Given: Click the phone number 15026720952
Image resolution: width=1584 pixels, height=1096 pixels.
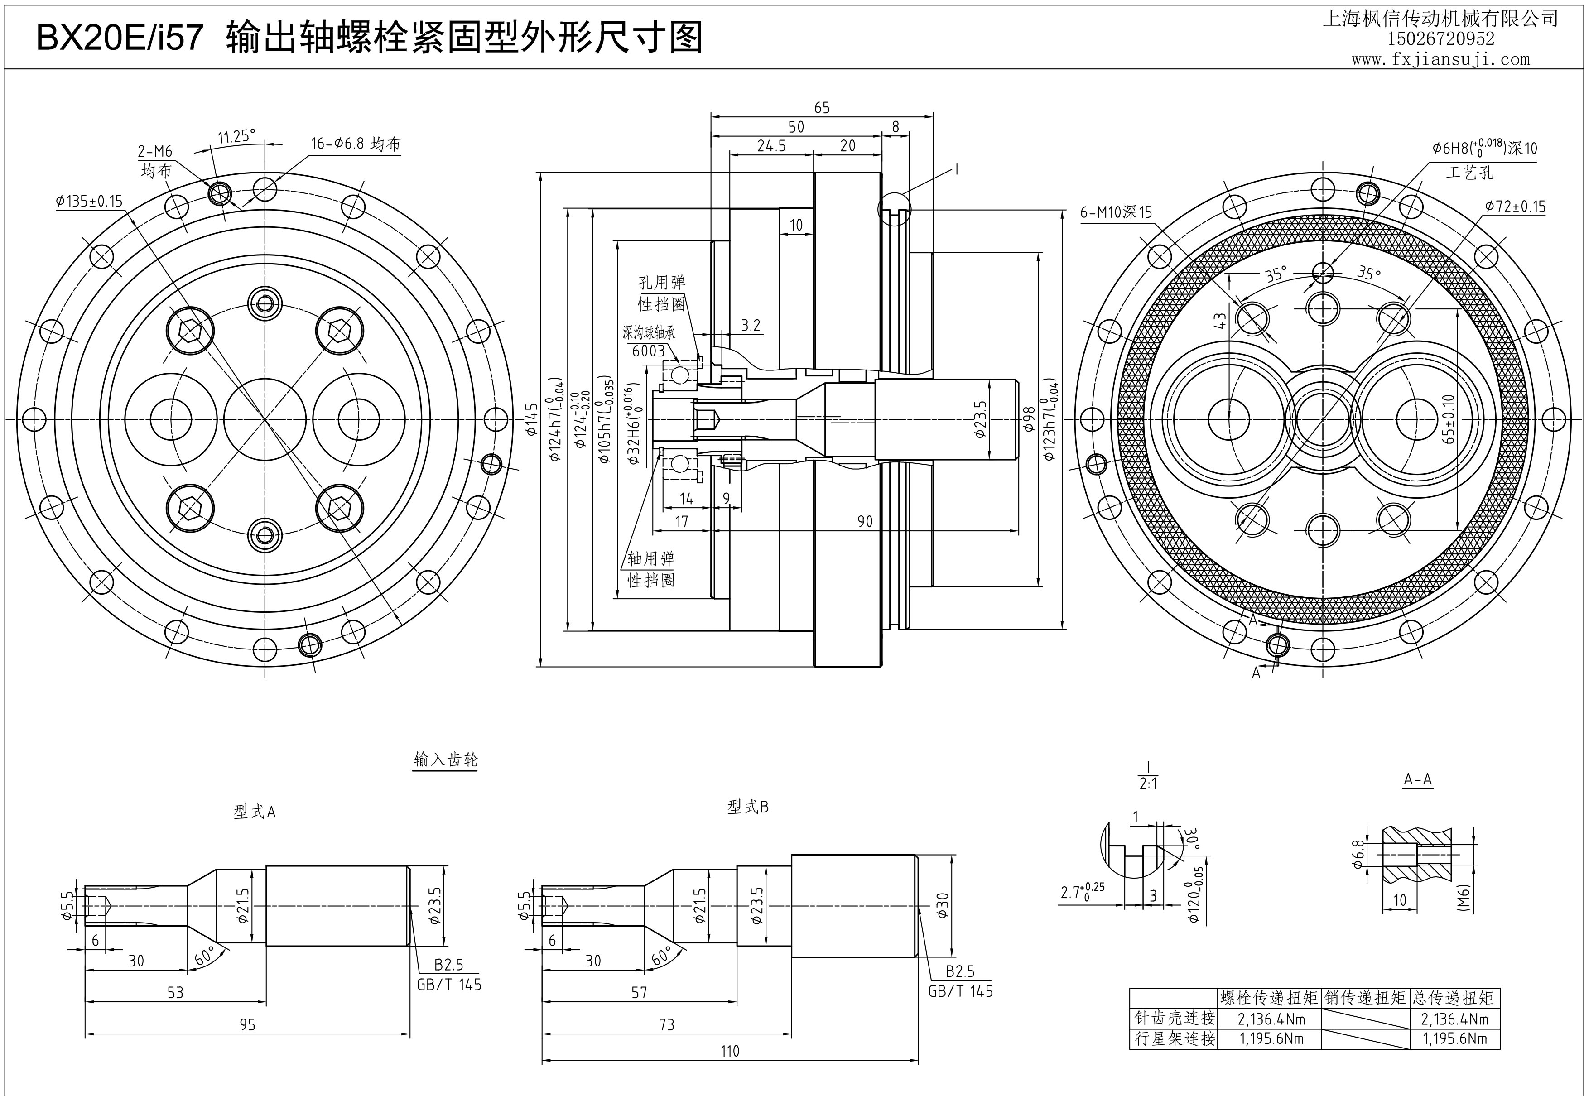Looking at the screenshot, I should pos(1440,38).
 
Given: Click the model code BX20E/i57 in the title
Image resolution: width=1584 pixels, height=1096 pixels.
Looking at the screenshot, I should pos(120,37).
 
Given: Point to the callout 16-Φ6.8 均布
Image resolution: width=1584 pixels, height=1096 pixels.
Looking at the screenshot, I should pos(355,144).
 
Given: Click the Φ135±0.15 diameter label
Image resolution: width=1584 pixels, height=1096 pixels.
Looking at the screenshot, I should pos(89,201).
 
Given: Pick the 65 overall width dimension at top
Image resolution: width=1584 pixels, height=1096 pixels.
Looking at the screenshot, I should pos(821,108).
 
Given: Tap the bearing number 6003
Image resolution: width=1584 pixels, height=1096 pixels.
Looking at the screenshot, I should pos(648,351).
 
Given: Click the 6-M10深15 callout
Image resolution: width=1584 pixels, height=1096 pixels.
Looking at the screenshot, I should pos(1116,213).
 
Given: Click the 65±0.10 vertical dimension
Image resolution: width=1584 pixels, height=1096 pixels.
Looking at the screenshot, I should pos(1448,419).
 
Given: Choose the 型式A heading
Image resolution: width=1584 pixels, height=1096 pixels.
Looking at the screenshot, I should pos(254,812).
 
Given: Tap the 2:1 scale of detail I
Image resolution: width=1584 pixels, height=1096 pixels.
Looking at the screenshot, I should pos(1148,784).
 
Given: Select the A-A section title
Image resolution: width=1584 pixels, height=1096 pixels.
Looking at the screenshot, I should pos(1418,779).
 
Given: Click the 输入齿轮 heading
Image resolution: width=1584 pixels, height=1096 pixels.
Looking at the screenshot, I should pos(446,760).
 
